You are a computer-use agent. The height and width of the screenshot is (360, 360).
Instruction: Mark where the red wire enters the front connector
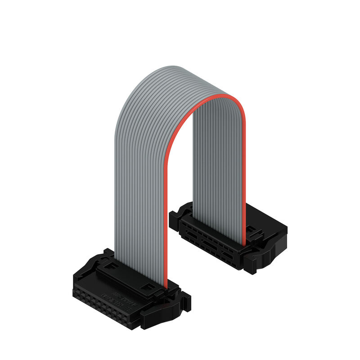[x=165, y=286]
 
